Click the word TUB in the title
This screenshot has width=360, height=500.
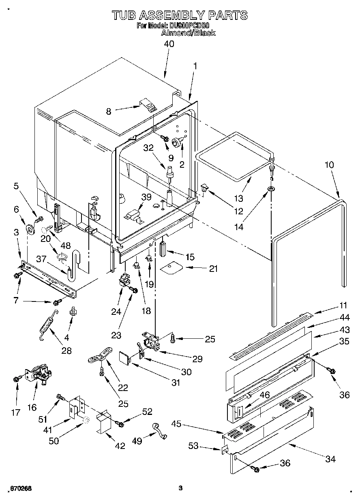pos(124,15)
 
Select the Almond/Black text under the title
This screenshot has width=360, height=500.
pos(188,33)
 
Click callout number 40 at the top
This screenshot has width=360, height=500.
pos(169,44)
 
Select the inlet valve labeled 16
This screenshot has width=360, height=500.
pos(39,373)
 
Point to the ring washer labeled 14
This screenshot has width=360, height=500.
pos(271,189)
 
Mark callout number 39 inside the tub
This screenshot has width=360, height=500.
pos(146,197)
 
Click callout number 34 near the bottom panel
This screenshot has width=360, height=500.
pos(330,459)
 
